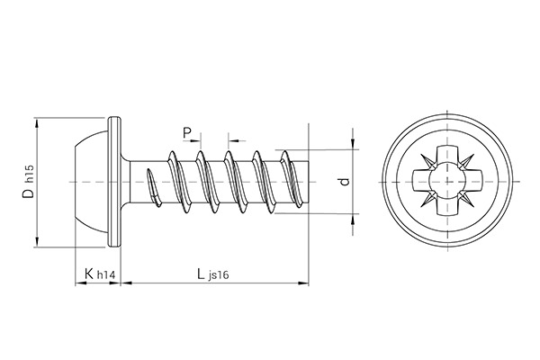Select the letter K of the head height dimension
click(87, 273)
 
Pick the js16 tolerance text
click(217, 275)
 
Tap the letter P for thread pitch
click(188, 133)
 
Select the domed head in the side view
click(90, 181)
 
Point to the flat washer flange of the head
click(114, 181)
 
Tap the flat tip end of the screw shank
click(309, 181)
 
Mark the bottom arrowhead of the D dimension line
click(38, 240)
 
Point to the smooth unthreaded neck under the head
click(135, 181)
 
